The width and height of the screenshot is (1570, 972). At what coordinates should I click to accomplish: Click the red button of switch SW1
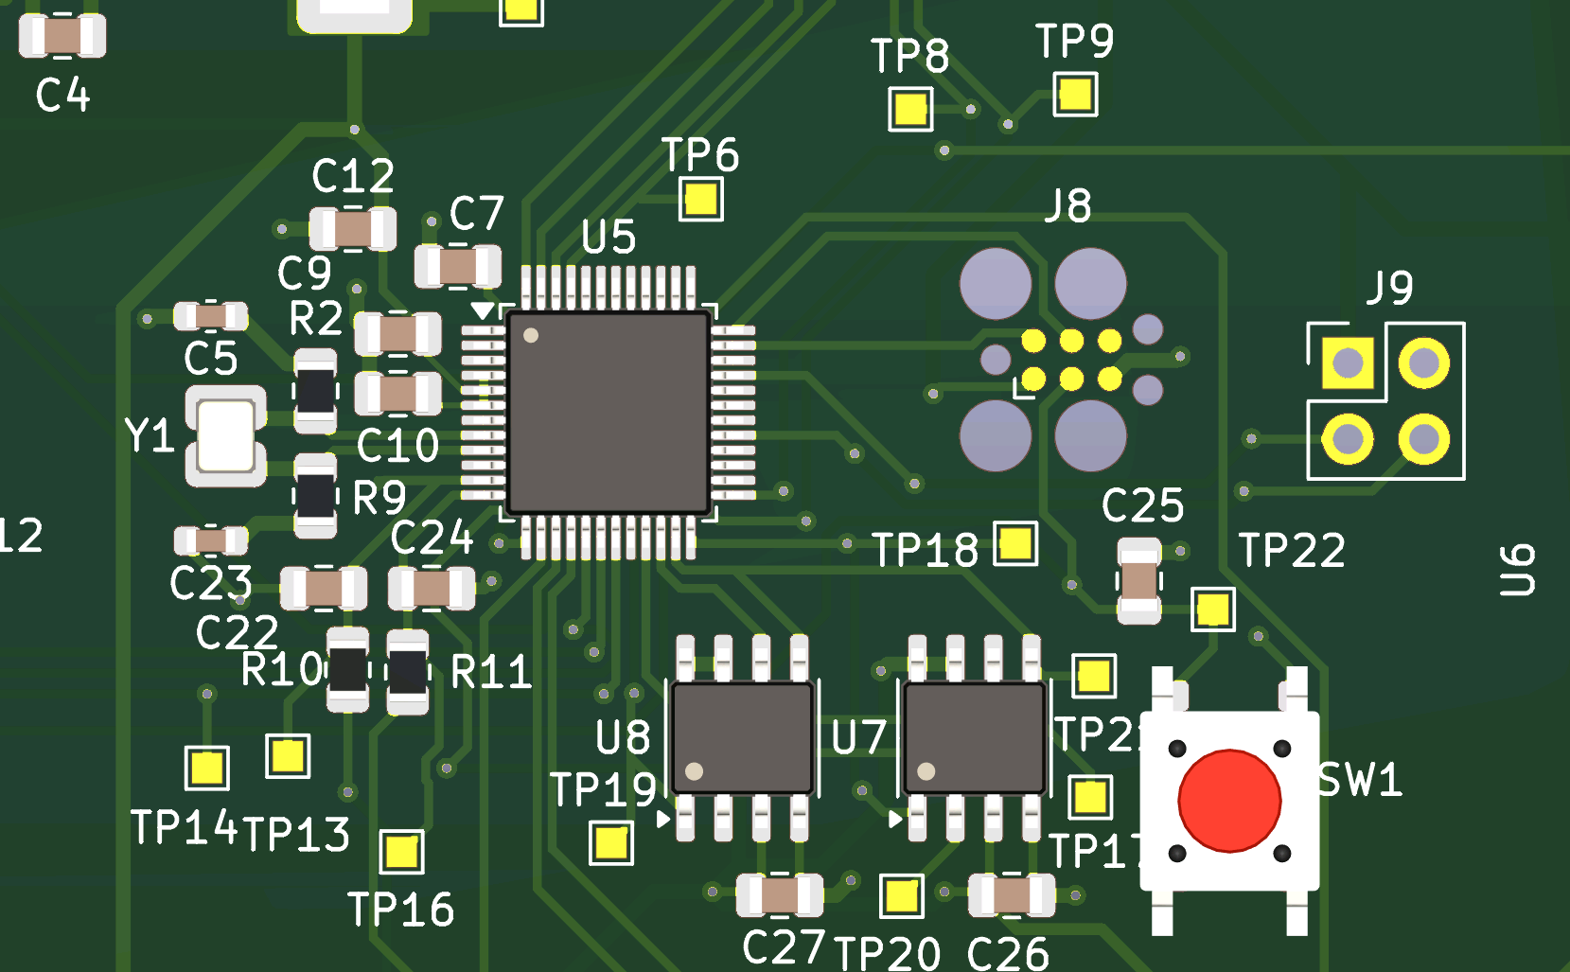click(x=1229, y=801)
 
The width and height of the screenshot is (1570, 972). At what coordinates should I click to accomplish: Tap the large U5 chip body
click(x=609, y=412)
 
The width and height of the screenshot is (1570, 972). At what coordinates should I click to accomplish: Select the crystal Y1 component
click(x=225, y=435)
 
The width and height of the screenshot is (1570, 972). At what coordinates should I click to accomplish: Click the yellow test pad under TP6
click(x=700, y=200)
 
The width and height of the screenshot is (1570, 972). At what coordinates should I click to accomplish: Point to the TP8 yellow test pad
click(x=910, y=109)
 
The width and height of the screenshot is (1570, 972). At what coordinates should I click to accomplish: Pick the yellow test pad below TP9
click(x=1075, y=95)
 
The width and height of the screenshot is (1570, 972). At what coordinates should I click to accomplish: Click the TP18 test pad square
click(x=1014, y=544)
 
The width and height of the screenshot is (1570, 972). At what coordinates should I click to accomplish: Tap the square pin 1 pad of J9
click(x=1348, y=362)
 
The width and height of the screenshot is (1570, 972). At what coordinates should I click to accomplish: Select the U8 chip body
click(x=742, y=738)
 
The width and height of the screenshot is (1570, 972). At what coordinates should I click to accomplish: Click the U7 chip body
click(x=974, y=738)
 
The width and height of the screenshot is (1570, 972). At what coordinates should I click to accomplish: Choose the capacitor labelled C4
click(x=62, y=36)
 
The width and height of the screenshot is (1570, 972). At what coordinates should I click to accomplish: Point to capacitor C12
click(x=353, y=229)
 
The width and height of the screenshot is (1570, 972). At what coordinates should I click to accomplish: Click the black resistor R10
click(x=347, y=670)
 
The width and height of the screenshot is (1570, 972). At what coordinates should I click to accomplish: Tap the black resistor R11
click(x=408, y=672)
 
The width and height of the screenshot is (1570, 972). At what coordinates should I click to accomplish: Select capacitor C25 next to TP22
click(x=1139, y=581)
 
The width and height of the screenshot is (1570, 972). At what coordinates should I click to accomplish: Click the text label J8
click(x=1068, y=205)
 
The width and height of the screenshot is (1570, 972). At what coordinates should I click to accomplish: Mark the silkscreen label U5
click(x=609, y=238)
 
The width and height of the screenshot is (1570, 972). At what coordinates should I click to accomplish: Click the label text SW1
click(x=1360, y=780)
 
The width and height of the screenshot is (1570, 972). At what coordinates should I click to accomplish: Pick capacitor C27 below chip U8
click(x=780, y=894)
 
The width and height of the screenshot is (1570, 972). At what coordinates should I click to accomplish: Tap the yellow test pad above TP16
click(x=401, y=852)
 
